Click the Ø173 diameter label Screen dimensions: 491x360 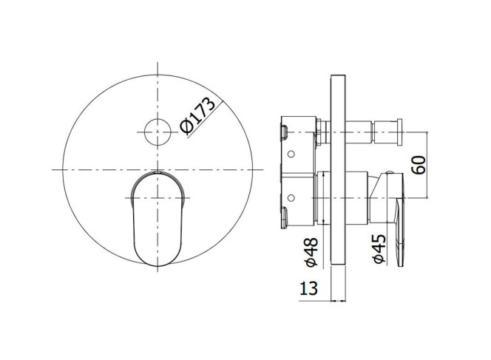[x=198, y=116]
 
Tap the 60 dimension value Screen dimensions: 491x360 [x=419, y=165]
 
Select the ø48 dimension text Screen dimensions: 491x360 [x=311, y=252]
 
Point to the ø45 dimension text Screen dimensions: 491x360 [x=379, y=249]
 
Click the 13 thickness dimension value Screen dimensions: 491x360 [x=309, y=288]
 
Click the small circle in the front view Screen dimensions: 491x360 [x=158, y=132]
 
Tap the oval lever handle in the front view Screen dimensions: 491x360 [x=158, y=219]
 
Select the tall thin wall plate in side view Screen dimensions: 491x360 [x=338, y=170]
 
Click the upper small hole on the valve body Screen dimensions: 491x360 [x=291, y=154]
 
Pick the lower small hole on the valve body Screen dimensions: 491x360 [x=291, y=198]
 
